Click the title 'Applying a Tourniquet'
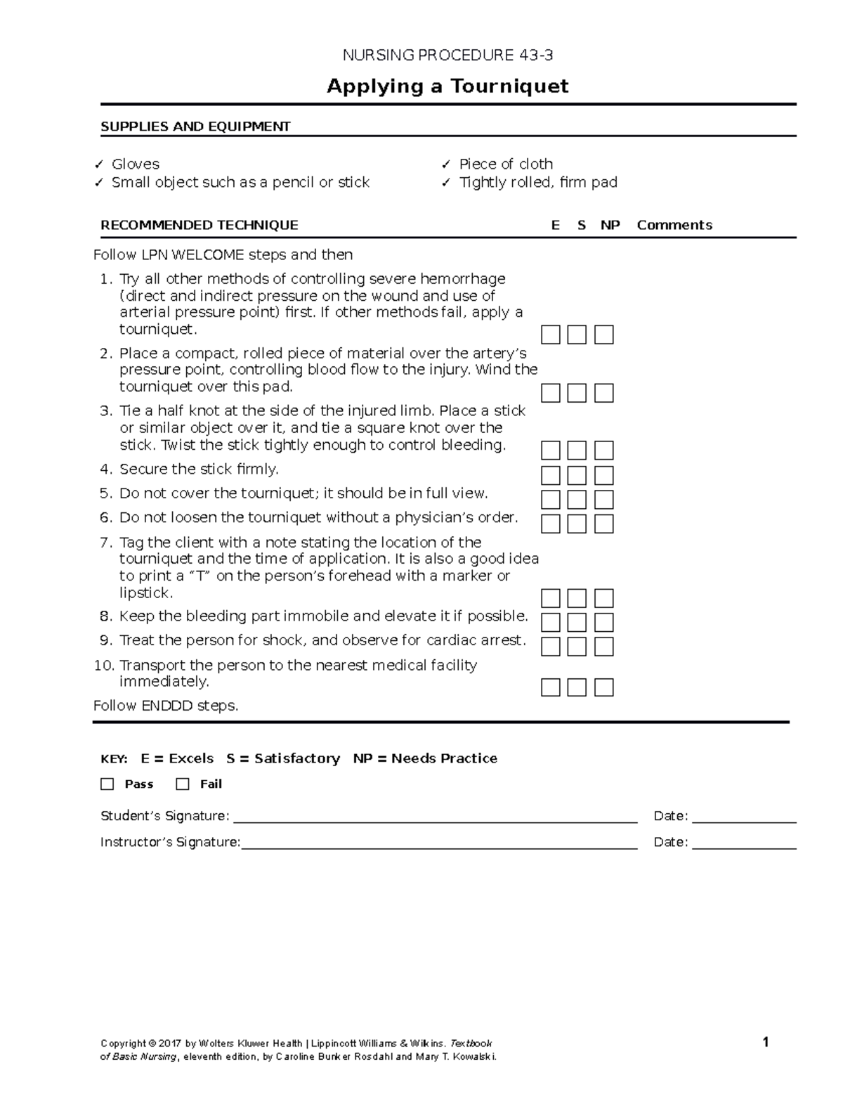[x=447, y=86]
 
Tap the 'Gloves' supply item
[x=135, y=164]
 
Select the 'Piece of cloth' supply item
[x=505, y=164]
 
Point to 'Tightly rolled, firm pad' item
[x=537, y=182]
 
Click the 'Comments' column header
[x=674, y=225]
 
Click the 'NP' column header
[x=610, y=225]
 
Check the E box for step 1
[x=551, y=335]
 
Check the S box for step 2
[x=577, y=393]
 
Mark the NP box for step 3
[x=603, y=451]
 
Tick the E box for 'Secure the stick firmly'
[x=551, y=475]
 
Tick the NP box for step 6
[x=603, y=524]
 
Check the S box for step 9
[x=577, y=647]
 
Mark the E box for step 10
[x=551, y=687]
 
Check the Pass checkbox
[x=107, y=784]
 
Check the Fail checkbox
[x=183, y=784]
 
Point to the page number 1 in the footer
[x=766, y=1042]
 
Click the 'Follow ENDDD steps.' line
[x=166, y=706]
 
